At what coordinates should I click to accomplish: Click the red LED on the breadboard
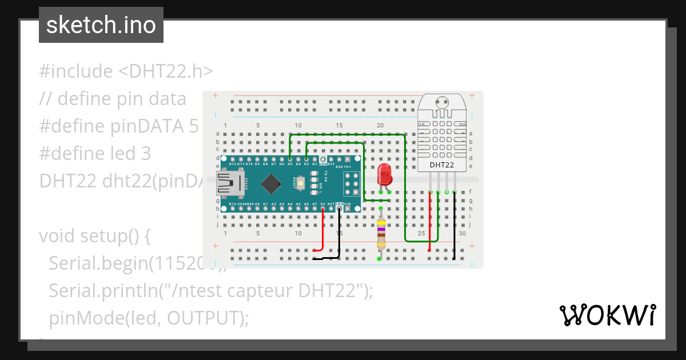[x=384, y=173]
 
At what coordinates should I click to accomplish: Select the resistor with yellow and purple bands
[x=381, y=233]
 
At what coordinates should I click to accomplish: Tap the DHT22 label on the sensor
[x=442, y=165]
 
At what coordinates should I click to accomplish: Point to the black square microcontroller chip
[x=270, y=183]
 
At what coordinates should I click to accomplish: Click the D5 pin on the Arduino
[x=290, y=159]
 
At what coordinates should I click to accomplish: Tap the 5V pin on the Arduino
[x=323, y=209]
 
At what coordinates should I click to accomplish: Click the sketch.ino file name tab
[x=101, y=25]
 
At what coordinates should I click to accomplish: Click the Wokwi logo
[x=607, y=315]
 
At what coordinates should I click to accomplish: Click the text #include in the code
[x=76, y=71]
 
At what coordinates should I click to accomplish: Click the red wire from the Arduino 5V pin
[x=324, y=234]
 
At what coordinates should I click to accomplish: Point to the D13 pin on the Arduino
[x=233, y=209]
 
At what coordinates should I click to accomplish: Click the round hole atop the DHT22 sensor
[x=441, y=103]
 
